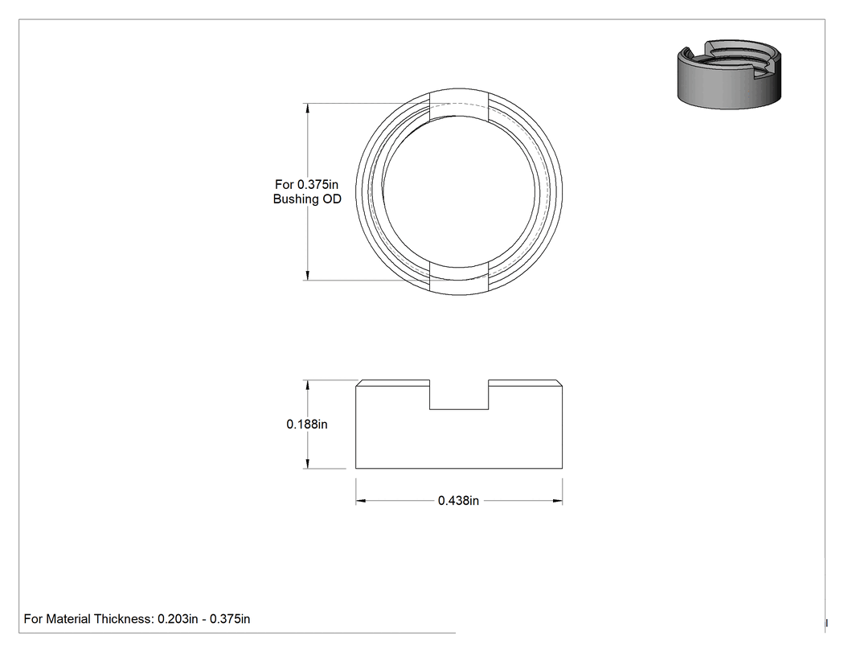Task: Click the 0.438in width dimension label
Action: coord(458,501)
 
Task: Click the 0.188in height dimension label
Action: coord(307,424)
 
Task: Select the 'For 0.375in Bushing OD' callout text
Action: coord(307,191)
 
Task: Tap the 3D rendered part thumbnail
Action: coord(729,74)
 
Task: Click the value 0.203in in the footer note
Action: coord(178,619)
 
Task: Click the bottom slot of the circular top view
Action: coord(459,280)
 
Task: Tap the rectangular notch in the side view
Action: coord(459,395)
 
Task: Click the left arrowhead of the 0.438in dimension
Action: coord(361,501)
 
